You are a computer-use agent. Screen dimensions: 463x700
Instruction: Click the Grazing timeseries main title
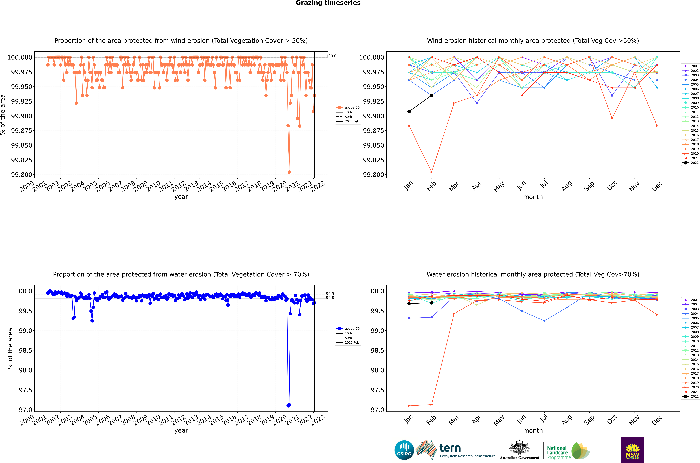[x=328, y=3]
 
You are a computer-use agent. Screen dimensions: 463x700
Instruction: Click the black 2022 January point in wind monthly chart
[x=409, y=112]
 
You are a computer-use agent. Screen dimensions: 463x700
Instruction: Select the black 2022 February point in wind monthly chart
[x=432, y=95]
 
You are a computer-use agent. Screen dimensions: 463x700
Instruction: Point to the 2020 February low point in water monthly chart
[x=432, y=405]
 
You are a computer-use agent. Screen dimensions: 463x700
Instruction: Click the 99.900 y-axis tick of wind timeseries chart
[x=22, y=116]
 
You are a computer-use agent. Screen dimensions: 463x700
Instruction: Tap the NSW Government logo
[x=632, y=450]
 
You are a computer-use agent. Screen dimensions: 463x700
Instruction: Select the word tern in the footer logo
[x=450, y=448]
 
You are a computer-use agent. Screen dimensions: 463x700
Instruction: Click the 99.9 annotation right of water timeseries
[x=330, y=294]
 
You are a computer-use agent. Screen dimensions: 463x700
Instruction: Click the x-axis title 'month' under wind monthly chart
[x=533, y=197]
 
